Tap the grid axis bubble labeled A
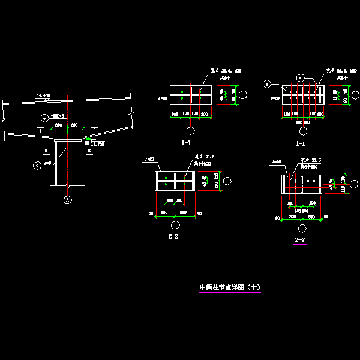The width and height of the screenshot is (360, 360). point(68,200)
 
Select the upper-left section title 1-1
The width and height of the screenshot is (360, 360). point(186,143)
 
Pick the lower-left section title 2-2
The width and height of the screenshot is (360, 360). point(173,237)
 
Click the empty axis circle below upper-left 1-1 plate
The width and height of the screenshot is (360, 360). point(190,130)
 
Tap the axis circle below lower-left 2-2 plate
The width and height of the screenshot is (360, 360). point(175,224)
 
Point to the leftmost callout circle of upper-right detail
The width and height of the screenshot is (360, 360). point(266,84)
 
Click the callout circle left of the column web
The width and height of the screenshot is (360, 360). point(38,163)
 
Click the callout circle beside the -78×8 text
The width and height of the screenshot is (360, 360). point(44,117)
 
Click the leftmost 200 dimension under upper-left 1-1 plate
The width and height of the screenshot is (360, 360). point(175,114)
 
